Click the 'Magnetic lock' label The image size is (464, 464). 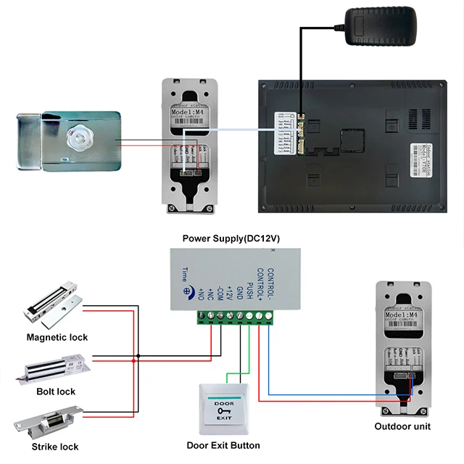point(57,337)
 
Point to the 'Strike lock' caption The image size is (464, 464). point(55,447)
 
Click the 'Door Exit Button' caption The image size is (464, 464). point(223,445)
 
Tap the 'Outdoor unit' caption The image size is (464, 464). point(402,426)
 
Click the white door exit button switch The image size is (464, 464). point(223,410)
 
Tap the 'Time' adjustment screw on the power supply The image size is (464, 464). point(188,292)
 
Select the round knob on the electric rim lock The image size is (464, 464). point(79,138)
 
